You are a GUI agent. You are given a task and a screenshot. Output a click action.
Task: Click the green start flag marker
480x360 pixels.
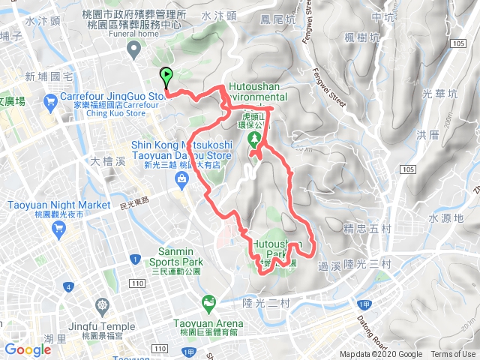coord(166,76)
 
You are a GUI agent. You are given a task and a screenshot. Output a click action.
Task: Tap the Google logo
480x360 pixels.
coord(28,349)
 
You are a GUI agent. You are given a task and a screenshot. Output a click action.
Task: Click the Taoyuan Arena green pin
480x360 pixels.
coord(209,302)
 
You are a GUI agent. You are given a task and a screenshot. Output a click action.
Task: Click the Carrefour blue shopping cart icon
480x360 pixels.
coord(50,100)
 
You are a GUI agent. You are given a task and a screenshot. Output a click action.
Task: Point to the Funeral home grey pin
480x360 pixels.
coord(134,49)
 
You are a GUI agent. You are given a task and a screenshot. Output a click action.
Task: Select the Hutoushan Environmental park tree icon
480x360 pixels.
coord(254,139)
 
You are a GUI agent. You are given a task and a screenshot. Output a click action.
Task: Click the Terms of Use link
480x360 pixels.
coord(453,355)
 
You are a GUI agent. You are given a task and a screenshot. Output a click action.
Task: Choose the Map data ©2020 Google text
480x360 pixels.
coord(380,355)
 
